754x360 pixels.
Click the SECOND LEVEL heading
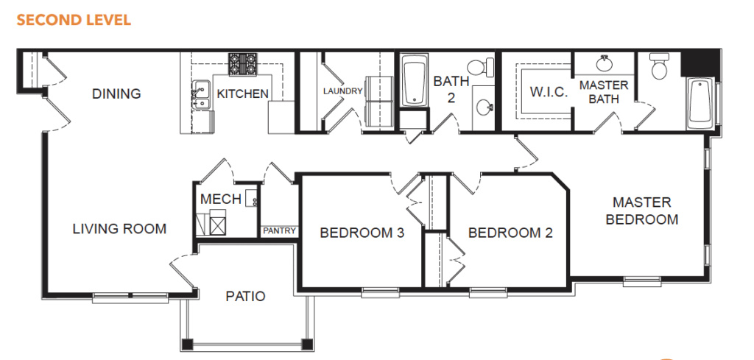(x=74, y=20)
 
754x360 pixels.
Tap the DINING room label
(x=116, y=93)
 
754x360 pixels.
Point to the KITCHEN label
(x=243, y=93)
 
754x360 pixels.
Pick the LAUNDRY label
(x=342, y=91)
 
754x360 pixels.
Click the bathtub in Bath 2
(x=415, y=80)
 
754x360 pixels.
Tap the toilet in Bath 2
(x=481, y=67)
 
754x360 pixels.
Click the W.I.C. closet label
(x=549, y=92)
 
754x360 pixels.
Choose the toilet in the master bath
(x=659, y=66)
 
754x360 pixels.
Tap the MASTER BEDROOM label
(x=642, y=211)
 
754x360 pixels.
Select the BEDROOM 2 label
(x=510, y=233)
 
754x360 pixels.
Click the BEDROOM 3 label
(x=362, y=233)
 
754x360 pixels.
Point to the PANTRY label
(x=279, y=231)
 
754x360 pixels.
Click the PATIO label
(x=245, y=296)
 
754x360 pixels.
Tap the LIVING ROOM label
(x=119, y=229)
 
